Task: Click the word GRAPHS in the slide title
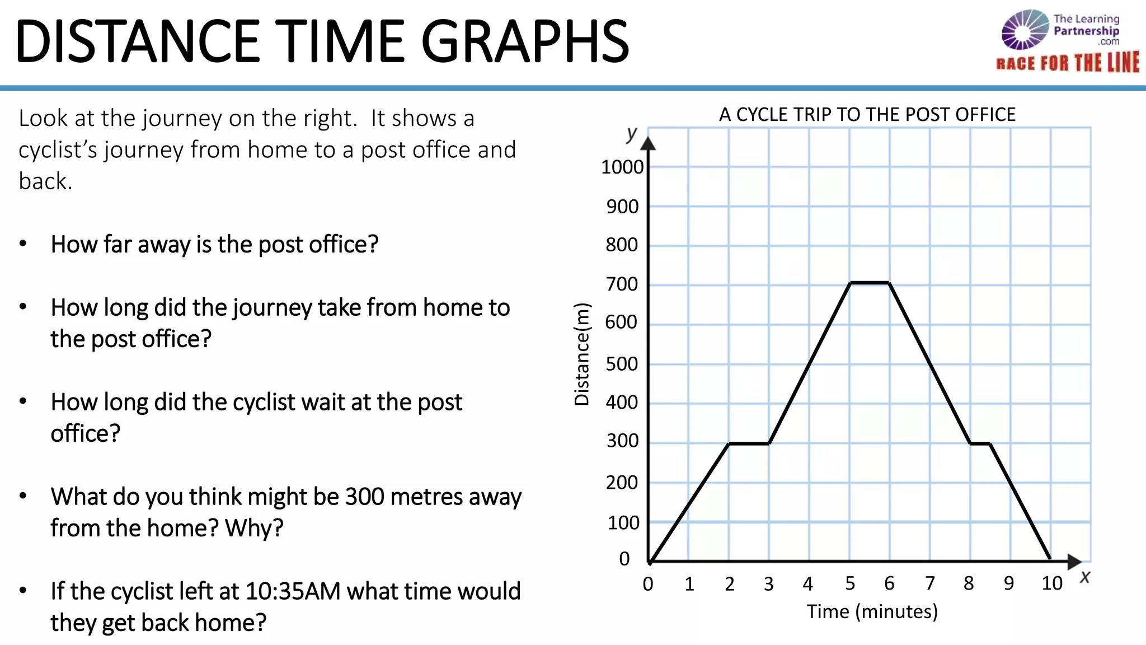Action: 525,41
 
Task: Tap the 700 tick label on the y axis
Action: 622,284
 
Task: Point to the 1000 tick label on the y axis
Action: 622,167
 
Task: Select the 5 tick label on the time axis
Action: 850,584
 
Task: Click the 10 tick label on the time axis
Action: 1051,584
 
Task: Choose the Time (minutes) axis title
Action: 872,611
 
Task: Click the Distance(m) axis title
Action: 582,354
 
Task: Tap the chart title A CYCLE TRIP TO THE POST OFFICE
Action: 867,115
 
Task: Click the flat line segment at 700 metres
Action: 870,283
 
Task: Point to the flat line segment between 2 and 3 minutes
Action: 749,443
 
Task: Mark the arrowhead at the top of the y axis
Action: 648,143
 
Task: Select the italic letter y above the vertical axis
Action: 632,134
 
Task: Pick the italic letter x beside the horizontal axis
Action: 1085,577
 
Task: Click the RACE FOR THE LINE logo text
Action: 1068,63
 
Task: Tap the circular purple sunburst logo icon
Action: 1025,30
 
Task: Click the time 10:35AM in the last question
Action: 292,591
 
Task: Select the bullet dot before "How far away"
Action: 23,244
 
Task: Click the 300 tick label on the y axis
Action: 622,441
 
